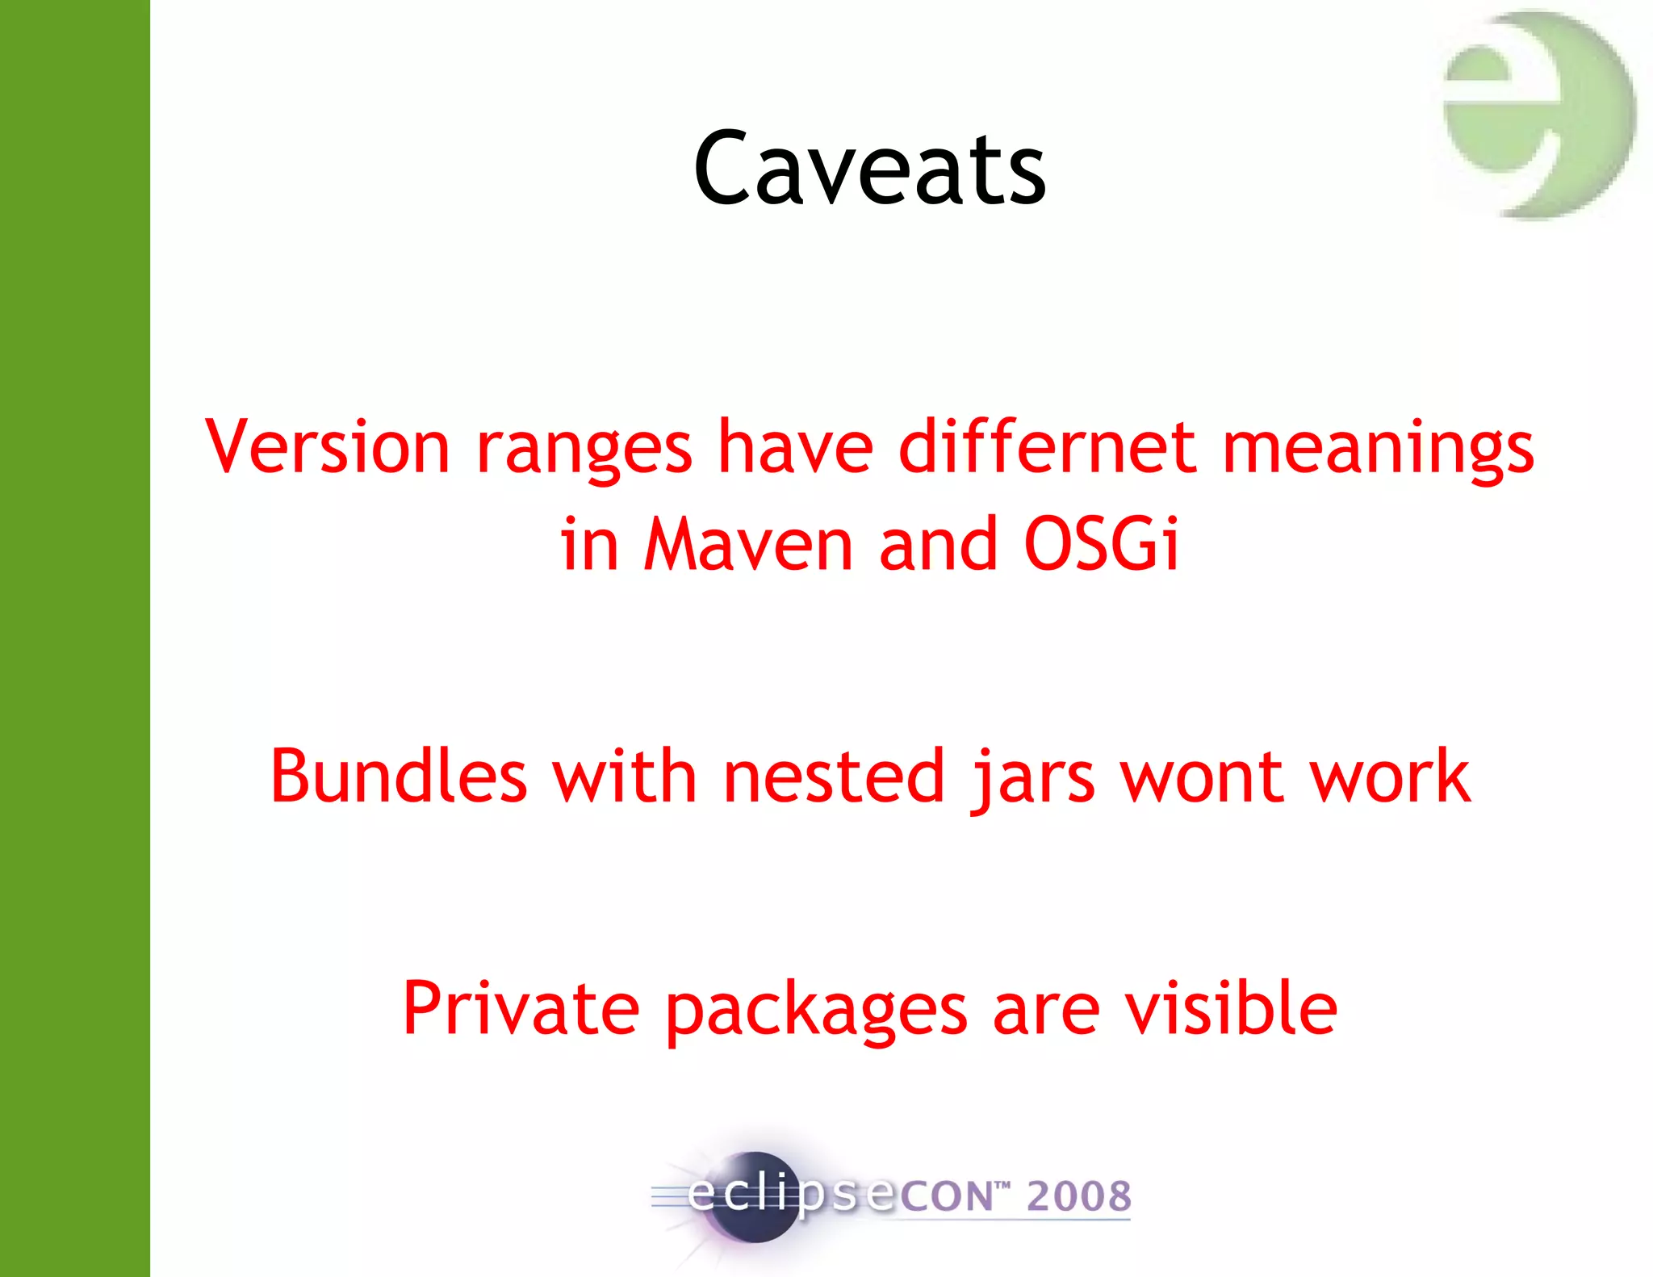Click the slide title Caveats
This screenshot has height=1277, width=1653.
click(869, 169)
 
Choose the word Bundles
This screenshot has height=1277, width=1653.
click(398, 776)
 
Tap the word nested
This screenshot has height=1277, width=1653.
click(833, 776)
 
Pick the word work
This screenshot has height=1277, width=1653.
click(1390, 776)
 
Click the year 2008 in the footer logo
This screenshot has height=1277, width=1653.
click(1079, 1195)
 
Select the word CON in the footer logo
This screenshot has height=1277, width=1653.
click(945, 1196)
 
